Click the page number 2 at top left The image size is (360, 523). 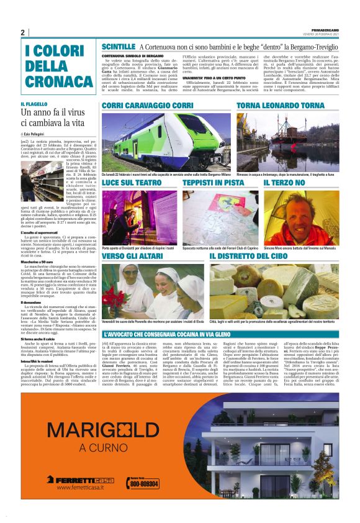pyautogui.click(x=22, y=32)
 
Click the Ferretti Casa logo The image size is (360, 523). pyautogui.click(x=81, y=479)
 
